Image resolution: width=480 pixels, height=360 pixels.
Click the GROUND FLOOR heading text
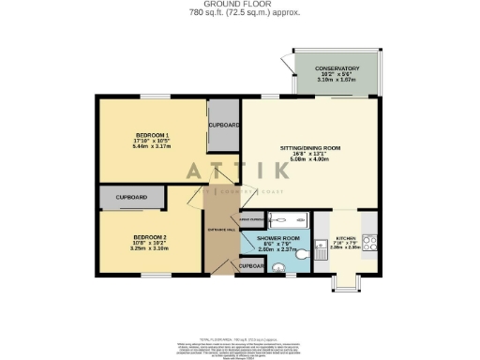pos(242,5)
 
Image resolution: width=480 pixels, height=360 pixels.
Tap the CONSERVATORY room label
pos(336,67)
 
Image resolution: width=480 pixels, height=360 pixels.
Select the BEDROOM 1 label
pos(153,136)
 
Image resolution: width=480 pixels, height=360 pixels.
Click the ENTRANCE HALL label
pos(222,230)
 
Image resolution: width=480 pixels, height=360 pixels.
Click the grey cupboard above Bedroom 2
pos(131,198)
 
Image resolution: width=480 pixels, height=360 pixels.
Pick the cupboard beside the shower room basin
pos(251,266)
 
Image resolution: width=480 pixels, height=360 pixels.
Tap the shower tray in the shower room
pos(286,220)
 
